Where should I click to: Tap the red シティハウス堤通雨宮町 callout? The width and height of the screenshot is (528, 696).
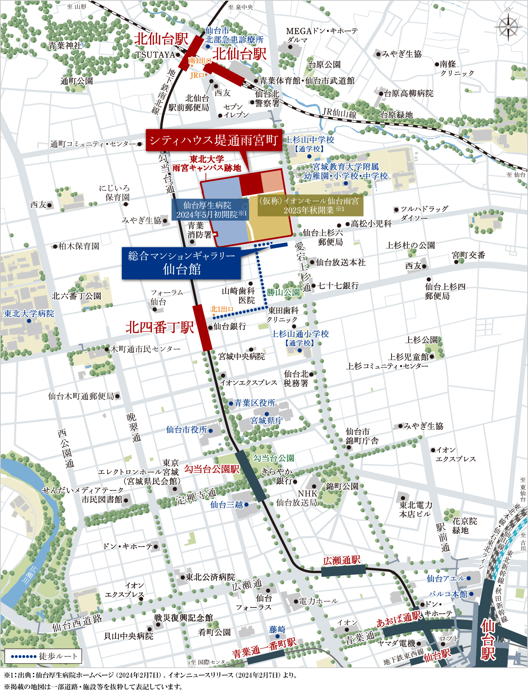214,140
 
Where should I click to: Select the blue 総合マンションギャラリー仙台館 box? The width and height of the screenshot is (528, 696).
181,263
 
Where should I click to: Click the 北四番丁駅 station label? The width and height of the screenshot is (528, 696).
160,327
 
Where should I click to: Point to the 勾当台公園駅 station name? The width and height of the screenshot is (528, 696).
212,469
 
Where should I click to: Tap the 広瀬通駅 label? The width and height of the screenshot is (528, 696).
342,561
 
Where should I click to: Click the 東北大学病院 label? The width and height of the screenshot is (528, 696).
29,314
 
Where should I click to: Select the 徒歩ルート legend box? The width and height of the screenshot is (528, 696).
43,656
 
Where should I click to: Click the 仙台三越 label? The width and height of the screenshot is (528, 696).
227,504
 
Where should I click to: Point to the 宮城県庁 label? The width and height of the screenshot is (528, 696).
267,421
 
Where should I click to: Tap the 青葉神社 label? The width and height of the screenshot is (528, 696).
65,46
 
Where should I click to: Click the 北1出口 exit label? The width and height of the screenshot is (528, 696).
222,309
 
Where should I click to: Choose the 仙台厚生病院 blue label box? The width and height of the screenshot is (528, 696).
210,210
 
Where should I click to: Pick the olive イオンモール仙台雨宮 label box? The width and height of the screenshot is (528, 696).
310,206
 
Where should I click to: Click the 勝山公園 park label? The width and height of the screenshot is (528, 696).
283,292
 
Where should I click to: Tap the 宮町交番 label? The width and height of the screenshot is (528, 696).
468,255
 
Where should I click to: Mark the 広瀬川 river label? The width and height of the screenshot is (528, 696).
34,574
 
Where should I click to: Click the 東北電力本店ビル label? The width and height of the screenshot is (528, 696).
416,509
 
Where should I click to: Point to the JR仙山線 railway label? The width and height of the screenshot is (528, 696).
339,113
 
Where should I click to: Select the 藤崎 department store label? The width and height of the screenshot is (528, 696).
277,629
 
